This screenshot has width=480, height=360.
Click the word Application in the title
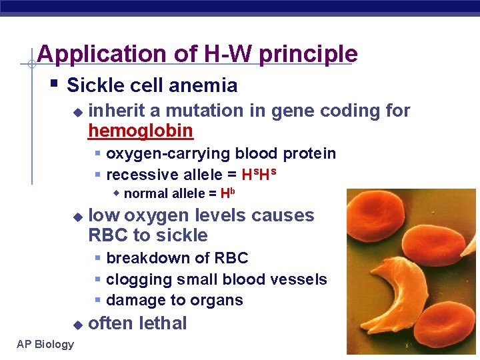[93, 54]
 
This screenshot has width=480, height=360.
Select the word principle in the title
[308, 54]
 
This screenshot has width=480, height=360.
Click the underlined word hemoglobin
[141, 131]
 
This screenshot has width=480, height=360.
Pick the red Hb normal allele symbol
[228, 194]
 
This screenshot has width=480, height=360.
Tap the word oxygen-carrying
[166, 153]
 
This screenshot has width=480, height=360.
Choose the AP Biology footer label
[45, 344]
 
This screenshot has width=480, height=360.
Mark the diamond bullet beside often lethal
[77, 325]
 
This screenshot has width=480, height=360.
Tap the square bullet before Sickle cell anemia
[54, 85]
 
